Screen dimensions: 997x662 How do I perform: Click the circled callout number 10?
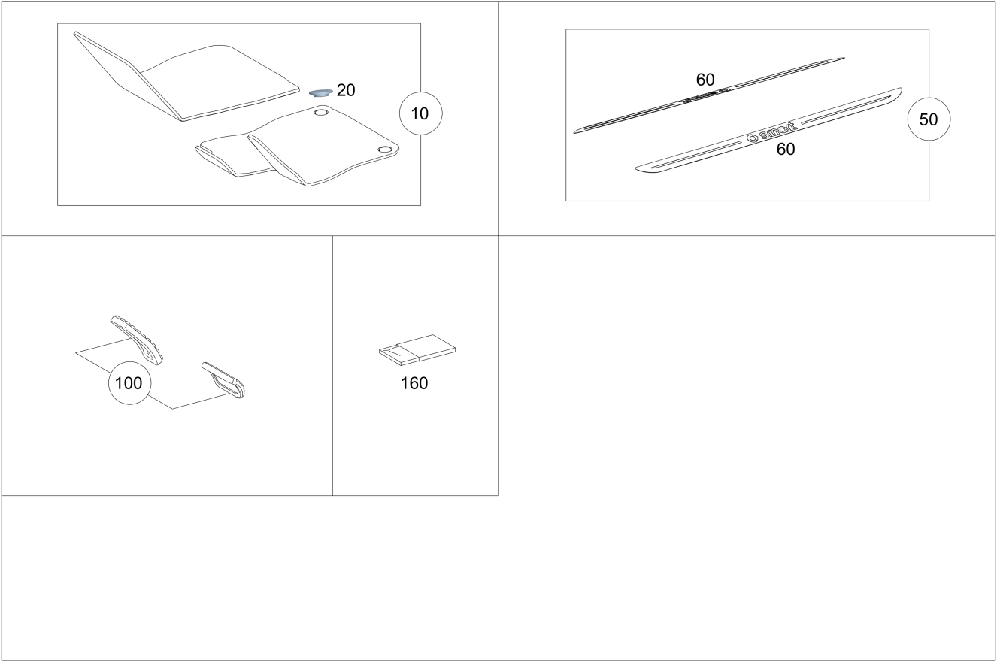pos(420,113)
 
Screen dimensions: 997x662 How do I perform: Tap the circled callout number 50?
pos(929,119)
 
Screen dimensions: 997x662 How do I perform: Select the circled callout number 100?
pos(129,383)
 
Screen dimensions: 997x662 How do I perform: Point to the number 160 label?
pos(414,383)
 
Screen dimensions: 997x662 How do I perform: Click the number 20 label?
pos(346,90)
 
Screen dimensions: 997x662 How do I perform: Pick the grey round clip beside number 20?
pos(321,92)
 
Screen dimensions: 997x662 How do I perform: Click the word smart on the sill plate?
pos(777,131)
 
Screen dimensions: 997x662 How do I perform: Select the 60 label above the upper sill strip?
pos(705,80)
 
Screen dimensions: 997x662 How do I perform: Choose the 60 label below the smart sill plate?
pos(786,149)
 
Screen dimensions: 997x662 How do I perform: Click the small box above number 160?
pos(417,349)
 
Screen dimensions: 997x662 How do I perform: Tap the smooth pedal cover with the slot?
pos(223,380)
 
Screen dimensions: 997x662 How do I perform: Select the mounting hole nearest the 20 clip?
pos(320,112)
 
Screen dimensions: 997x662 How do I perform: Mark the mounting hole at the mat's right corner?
pos(383,149)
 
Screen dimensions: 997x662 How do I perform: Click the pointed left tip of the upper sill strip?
pos(574,132)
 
